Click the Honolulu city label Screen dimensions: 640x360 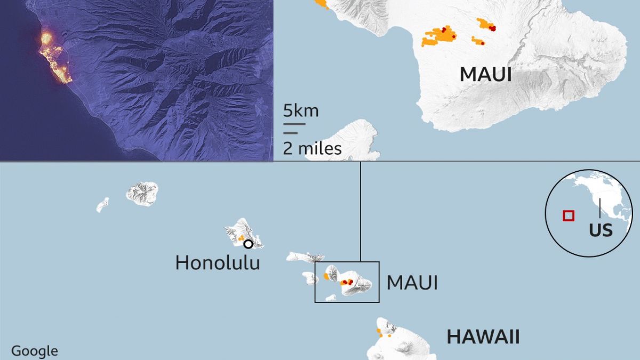(218, 262)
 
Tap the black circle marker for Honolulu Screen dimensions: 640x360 (248, 244)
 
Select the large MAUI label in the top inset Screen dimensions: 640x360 (485, 75)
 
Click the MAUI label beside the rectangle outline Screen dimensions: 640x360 (412, 283)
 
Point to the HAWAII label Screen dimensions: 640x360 (483, 337)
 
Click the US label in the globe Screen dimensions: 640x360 (601, 230)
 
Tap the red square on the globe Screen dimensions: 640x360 (569, 215)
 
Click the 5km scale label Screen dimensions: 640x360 (301, 111)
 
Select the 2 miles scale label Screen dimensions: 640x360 (312, 148)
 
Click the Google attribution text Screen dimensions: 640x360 (35, 351)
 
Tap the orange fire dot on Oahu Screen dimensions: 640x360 (241, 237)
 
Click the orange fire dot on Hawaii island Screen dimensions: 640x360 (379, 331)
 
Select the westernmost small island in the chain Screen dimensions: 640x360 (102, 205)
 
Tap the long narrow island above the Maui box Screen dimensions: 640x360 (305, 257)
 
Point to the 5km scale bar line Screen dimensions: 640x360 (294, 124)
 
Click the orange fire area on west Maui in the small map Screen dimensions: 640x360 (326, 276)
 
